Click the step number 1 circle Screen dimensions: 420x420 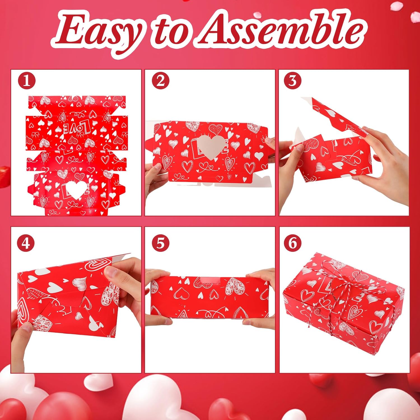(x=27, y=81)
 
